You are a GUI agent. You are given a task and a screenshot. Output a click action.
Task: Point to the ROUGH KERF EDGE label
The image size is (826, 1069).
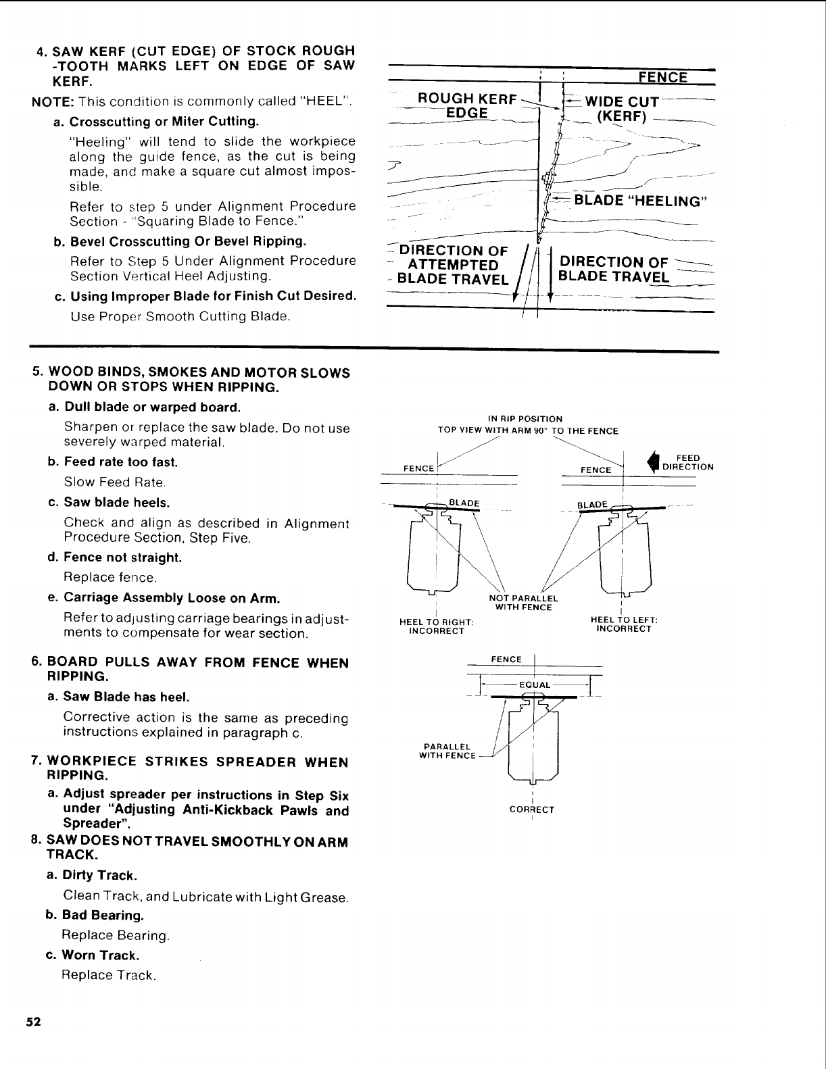click(x=468, y=105)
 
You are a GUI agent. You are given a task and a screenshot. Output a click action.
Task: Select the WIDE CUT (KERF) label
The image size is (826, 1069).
click(x=621, y=109)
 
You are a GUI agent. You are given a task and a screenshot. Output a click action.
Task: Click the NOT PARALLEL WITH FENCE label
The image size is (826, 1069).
click(x=524, y=602)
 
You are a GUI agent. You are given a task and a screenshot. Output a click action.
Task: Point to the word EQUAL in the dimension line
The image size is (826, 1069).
click(x=533, y=685)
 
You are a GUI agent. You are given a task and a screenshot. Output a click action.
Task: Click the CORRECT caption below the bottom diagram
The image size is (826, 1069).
click(x=533, y=809)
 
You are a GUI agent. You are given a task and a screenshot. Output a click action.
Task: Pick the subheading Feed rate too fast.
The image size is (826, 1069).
click(x=120, y=462)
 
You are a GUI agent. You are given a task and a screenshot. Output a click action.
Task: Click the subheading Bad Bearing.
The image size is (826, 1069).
click(x=102, y=915)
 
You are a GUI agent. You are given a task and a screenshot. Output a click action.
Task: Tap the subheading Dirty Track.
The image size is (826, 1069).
click(x=99, y=875)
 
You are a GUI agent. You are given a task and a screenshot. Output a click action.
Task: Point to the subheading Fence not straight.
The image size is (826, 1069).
click(x=122, y=557)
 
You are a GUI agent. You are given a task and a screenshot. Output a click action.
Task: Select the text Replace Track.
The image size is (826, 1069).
click(x=109, y=975)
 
